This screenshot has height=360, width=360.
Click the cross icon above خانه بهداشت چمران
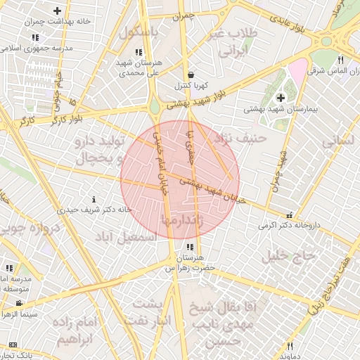(57, 11)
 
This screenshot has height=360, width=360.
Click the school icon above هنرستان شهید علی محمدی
(139, 52)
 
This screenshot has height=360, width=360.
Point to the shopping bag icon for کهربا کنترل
(191, 75)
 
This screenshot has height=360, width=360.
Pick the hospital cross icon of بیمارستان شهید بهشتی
(281, 97)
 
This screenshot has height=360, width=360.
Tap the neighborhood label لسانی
(340, 140)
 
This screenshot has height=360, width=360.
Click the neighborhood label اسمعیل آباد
(129, 238)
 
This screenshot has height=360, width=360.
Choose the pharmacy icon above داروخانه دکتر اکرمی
(289, 216)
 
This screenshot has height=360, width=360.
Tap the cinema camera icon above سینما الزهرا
(20, 303)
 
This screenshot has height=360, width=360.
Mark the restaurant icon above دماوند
(290, 346)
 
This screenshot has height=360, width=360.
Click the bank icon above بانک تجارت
(13, 345)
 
